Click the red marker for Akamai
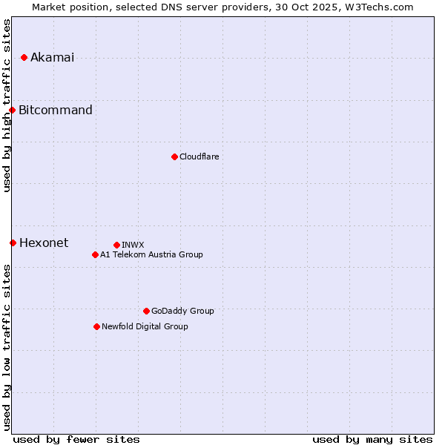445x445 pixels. click(x=24, y=57)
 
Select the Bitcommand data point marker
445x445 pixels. click(x=13, y=111)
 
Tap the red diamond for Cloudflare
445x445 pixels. click(x=174, y=156)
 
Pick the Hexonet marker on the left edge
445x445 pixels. click(x=13, y=243)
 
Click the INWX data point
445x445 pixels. click(x=116, y=245)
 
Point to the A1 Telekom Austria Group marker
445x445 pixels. click(x=95, y=254)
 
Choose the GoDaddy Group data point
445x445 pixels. click(x=146, y=311)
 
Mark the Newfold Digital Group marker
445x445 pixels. click(x=96, y=326)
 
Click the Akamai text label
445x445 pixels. click(x=52, y=58)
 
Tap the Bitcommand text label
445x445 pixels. click(x=56, y=111)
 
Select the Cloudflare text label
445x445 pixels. click(x=199, y=156)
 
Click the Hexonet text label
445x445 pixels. click(x=44, y=243)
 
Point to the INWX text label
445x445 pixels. click(x=133, y=245)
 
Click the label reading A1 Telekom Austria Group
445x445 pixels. click(x=151, y=254)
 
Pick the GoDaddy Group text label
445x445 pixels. click(x=182, y=311)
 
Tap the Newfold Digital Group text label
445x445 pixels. click(x=145, y=326)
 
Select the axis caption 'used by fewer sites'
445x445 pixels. click(x=76, y=439)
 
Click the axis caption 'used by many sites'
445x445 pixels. click(x=372, y=439)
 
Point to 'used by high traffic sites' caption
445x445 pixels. click(x=7, y=105)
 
